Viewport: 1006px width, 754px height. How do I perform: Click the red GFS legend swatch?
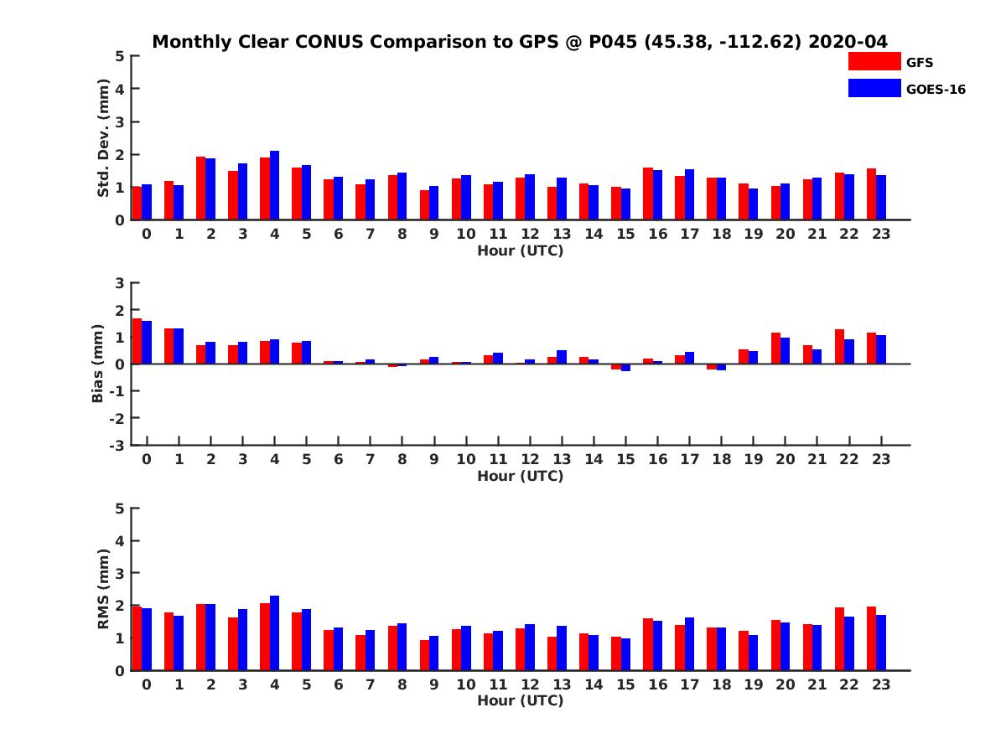coord(874,61)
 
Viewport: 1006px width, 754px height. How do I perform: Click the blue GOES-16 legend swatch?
coord(874,88)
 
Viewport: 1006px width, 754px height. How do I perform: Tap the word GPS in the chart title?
coord(528,42)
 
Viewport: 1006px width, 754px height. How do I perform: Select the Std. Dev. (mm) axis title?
coord(104,138)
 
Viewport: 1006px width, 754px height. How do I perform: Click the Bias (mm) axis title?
coord(98,364)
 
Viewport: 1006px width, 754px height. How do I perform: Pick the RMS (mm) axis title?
coord(104,589)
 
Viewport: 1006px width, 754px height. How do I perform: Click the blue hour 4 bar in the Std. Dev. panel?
coord(274,185)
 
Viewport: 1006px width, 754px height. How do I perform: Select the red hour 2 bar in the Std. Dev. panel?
coord(201,188)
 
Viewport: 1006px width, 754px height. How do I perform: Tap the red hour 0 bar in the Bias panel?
coord(137,341)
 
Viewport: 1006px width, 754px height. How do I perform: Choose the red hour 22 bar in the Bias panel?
coord(839,347)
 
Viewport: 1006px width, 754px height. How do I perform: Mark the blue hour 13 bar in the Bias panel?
coord(562,357)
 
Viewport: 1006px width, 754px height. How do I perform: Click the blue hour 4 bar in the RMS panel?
coord(274,633)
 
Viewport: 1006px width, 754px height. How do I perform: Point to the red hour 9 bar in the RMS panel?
coord(424,655)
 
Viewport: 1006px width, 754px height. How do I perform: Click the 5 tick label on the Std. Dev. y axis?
coord(121,56)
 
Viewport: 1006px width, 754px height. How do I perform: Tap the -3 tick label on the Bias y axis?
coord(117,445)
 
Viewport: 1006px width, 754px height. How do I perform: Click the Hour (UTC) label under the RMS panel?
coord(520,700)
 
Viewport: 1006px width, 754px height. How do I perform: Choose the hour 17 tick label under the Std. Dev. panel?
coord(689,235)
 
